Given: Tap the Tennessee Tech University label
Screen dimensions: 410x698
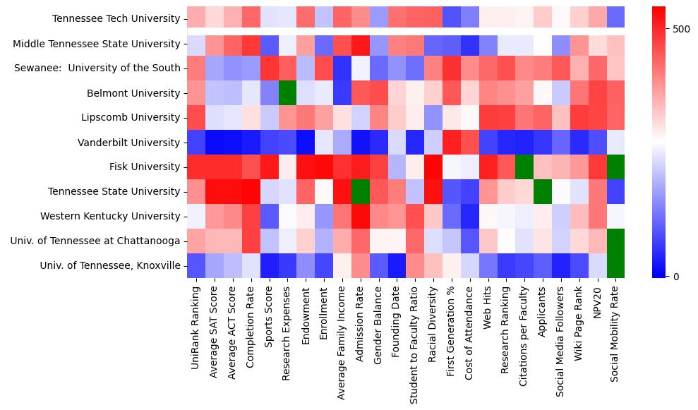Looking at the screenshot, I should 116,19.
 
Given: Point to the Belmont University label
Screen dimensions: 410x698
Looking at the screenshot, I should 133,93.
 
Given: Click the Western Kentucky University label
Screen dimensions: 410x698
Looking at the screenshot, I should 110,217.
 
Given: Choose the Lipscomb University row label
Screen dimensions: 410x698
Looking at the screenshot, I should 131,118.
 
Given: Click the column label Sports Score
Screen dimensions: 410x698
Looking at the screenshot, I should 268,322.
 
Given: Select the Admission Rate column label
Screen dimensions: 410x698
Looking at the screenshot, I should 360,327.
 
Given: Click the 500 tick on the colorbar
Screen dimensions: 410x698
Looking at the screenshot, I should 682,29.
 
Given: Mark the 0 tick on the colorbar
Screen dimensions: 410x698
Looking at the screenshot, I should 676,276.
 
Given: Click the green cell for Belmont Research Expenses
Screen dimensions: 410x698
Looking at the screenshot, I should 287,93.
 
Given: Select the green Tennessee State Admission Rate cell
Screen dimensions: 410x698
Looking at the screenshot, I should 360,192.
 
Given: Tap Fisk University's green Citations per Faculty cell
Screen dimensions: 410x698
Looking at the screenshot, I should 524,167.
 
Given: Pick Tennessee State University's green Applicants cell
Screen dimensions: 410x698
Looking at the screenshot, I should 543,192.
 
